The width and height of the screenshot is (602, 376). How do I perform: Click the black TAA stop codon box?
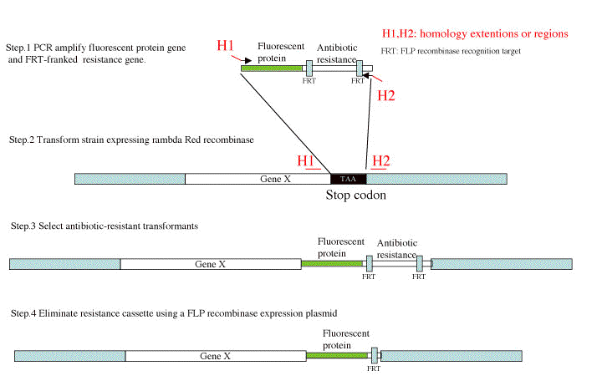(x=348, y=179)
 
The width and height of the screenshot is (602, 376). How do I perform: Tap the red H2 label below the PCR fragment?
(x=386, y=94)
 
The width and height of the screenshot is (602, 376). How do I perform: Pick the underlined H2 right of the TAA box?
(x=381, y=160)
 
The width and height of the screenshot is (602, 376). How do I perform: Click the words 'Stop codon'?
(x=357, y=196)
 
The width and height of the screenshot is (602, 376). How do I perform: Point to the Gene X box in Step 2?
(x=258, y=179)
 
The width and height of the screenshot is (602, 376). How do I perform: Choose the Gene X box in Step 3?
(x=210, y=264)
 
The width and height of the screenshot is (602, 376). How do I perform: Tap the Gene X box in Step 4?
(x=215, y=355)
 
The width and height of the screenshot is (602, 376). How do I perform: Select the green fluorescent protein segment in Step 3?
(x=332, y=264)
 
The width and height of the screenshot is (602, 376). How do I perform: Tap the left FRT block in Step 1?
(x=309, y=68)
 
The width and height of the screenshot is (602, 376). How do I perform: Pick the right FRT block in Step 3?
(x=420, y=264)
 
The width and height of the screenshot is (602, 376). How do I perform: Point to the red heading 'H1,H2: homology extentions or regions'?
(x=474, y=34)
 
